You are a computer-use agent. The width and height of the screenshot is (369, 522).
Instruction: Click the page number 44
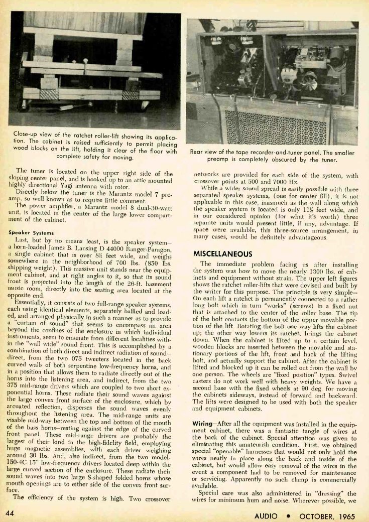pyautogui.click(x=11, y=512)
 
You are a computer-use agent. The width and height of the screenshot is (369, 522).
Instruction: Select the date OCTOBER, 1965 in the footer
pyautogui.click(x=327, y=515)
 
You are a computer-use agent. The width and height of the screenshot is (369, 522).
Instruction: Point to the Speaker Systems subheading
pyautogui.click(x=29, y=232)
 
